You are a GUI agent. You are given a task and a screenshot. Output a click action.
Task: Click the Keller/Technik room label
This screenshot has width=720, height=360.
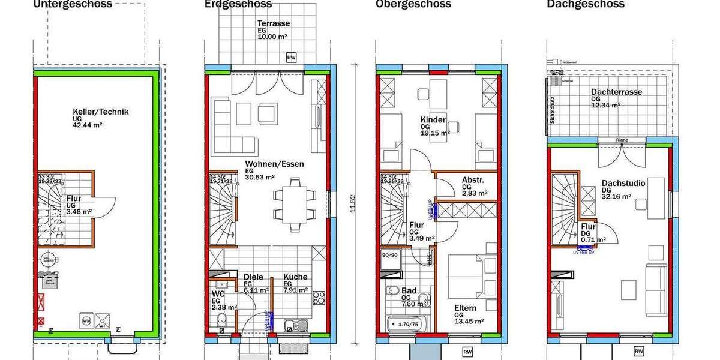pyautogui.click(x=100, y=112)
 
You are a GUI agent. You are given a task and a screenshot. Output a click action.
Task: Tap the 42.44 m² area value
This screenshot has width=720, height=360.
pyautogui.click(x=88, y=125)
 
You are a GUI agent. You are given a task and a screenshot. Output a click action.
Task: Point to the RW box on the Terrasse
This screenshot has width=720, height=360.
pyautogui.click(x=291, y=58)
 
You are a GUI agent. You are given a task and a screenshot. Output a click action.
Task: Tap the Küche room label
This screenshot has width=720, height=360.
pyautogui.click(x=295, y=277)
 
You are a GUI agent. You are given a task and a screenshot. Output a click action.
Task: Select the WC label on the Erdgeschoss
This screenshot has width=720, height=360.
pyautogui.click(x=218, y=295)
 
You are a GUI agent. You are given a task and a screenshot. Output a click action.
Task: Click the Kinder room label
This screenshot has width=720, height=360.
pyautogui.click(x=434, y=120)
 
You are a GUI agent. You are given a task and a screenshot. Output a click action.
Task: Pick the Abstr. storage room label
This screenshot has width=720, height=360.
pyautogui.click(x=472, y=179)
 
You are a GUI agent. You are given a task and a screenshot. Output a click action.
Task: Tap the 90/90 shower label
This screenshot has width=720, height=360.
pyautogui.click(x=390, y=254)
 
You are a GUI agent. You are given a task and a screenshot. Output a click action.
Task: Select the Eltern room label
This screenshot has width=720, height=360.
pyautogui.click(x=465, y=308)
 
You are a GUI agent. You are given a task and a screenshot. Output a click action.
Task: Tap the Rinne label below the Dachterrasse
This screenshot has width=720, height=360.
pyautogui.click(x=622, y=141)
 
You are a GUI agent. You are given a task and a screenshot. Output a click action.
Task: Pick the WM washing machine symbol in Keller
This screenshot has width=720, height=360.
pyautogui.click(x=86, y=322)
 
